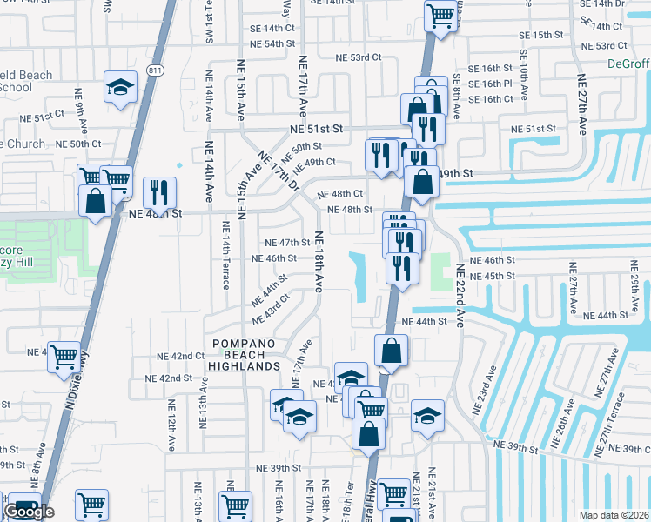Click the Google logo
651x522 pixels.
(29, 512)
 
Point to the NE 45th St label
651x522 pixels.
(493, 276)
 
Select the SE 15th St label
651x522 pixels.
(540, 34)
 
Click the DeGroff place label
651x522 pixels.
(627, 64)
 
